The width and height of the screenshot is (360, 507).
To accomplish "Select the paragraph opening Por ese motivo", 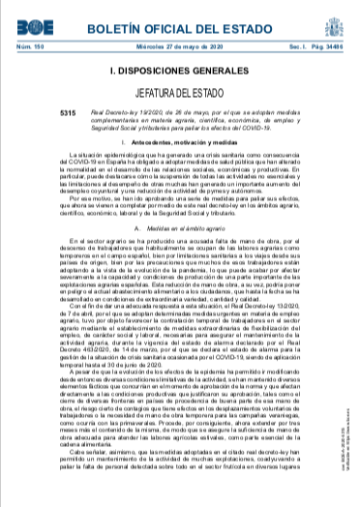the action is [179, 233].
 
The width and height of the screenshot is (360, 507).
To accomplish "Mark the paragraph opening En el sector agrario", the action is [179, 300].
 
